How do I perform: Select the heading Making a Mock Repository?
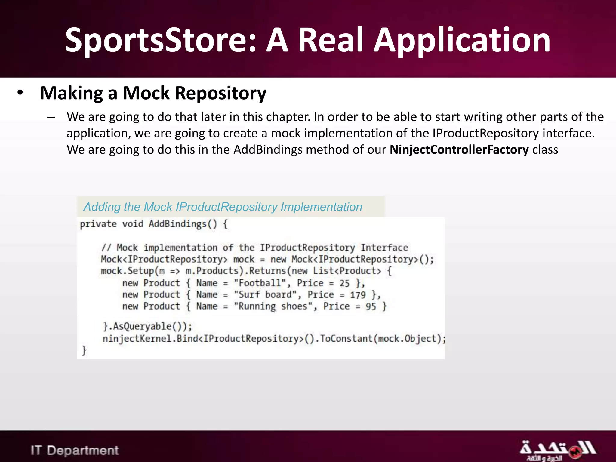pos(153,93)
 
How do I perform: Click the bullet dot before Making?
pos(20,92)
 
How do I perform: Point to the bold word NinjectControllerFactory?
pos(459,149)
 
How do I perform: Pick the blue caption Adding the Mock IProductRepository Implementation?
pos(223,207)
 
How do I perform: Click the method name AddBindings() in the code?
pos(183,224)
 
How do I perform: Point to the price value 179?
pos(358,295)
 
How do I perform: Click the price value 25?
pos(344,283)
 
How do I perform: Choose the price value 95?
pos(371,307)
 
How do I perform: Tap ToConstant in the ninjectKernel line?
pos(346,339)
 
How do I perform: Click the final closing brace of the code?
pos(84,350)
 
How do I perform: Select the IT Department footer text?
pos(75,451)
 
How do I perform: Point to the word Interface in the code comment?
pos(384,248)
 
